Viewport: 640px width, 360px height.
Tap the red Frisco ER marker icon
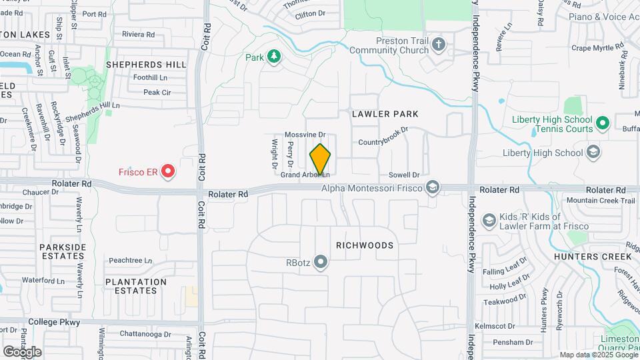tap(168, 172)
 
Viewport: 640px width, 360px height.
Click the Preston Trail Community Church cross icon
tap(438, 45)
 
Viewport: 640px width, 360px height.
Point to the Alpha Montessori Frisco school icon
tap(433, 188)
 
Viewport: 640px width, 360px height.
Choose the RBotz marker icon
tap(321, 262)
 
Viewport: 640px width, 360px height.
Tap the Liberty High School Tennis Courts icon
tap(603, 123)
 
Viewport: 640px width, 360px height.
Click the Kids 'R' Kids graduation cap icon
tap(489, 220)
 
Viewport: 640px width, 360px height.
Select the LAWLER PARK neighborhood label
tap(386, 114)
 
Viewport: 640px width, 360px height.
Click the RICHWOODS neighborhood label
tap(365, 245)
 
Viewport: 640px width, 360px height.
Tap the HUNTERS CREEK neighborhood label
tap(593, 256)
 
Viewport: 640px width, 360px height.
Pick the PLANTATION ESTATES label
tap(136, 287)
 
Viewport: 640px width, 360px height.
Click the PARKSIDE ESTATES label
tap(63, 252)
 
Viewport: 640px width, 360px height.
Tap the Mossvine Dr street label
tap(305, 135)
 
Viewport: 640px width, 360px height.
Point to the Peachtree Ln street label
tap(131, 261)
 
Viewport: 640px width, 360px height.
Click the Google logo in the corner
tap(22, 351)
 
